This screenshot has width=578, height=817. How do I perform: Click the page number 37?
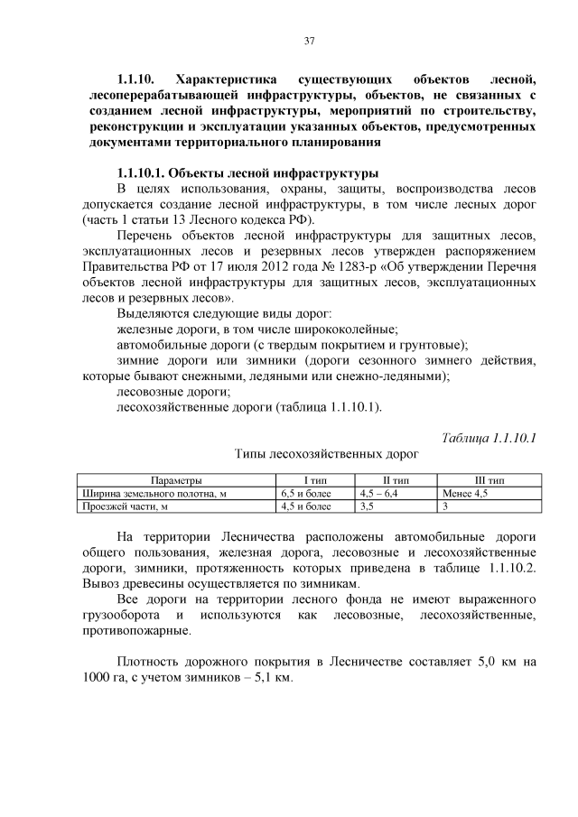[308, 41]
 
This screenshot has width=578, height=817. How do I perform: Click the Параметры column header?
[176, 481]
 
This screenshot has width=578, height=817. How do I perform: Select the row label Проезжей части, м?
[125, 506]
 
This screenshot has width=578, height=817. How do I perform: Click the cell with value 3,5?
[368, 506]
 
